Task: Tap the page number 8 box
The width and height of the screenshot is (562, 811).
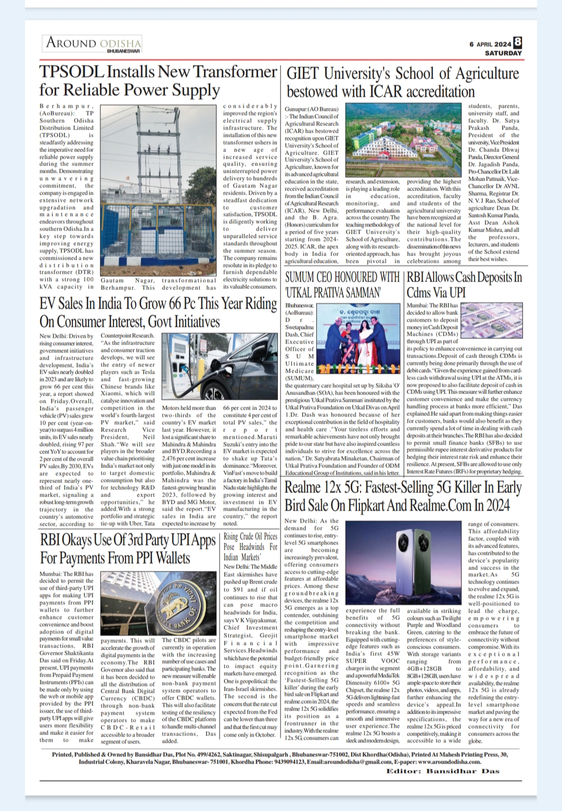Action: pos(517,43)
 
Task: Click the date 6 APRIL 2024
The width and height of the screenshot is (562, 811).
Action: pos(490,44)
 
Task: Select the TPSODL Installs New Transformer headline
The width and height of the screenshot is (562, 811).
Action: pos(158,81)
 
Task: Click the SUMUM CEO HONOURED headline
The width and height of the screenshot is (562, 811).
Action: pos(342,284)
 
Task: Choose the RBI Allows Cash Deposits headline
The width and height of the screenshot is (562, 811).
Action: pos(464,284)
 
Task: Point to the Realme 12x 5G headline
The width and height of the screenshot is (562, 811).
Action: pos(403,496)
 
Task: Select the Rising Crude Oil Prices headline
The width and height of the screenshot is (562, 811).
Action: pos(250,546)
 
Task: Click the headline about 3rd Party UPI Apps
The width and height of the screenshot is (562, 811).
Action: pos(128,549)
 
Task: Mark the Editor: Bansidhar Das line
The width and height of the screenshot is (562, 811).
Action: pos(442,771)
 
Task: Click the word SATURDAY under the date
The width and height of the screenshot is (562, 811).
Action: pos(503,53)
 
